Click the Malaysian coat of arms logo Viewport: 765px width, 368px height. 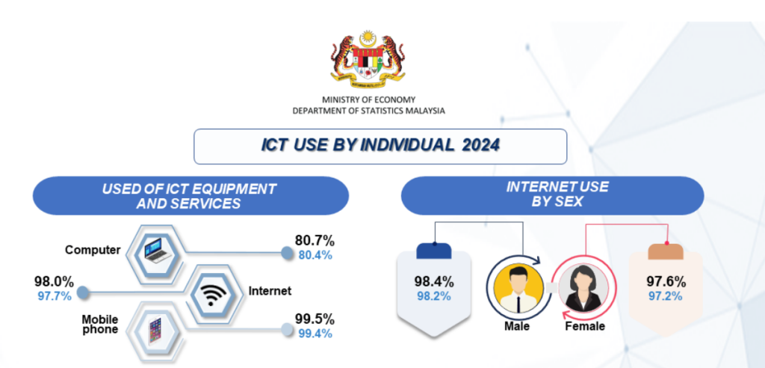coord(368,60)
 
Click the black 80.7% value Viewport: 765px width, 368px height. coord(315,241)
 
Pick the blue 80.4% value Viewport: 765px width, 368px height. coord(315,255)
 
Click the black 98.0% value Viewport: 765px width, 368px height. coord(54,282)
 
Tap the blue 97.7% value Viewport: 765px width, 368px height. coord(54,296)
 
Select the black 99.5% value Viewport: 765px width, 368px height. coord(315,319)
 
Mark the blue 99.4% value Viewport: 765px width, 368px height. coord(315,334)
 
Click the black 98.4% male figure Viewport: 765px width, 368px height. coord(434,282)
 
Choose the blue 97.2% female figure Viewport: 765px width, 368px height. coord(666,296)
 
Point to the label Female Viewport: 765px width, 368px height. coord(585,326)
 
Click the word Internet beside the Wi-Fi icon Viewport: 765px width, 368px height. coord(270,291)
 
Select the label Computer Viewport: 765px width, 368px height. coord(93,251)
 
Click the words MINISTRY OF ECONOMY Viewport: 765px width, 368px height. coord(368,100)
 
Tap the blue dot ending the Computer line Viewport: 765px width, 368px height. coord(288,253)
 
